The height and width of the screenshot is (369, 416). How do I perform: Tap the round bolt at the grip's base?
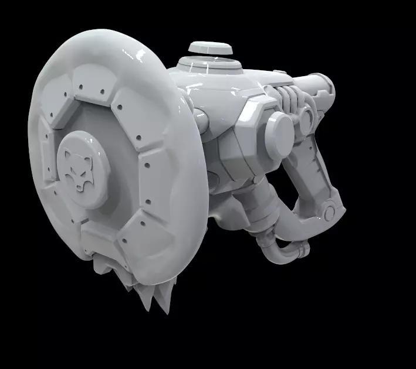(x=330, y=211)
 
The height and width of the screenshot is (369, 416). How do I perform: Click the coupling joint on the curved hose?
(x=300, y=251)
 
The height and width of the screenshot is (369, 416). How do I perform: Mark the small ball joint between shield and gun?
(x=201, y=121)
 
